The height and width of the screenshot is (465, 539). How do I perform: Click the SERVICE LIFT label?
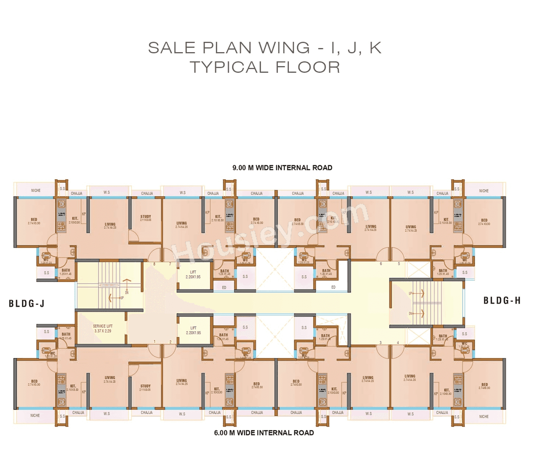coord(103,326)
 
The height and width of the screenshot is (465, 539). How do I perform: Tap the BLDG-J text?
coord(27,303)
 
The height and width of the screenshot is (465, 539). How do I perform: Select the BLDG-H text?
coord(502,300)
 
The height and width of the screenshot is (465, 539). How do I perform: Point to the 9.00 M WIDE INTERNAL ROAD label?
coord(282,168)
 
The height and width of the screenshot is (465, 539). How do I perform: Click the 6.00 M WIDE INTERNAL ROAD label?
coord(264,433)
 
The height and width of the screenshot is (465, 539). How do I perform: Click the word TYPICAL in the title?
coord(230,67)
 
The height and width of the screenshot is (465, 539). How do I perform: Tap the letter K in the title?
coord(375,48)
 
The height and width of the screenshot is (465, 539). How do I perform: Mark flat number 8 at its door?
coord(154,264)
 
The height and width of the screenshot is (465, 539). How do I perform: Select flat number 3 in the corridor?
coord(380,343)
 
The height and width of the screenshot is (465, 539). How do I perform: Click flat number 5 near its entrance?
coord(399,264)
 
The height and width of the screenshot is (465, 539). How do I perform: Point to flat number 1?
coord(155,342)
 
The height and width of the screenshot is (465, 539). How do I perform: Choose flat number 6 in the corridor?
coord(381,264)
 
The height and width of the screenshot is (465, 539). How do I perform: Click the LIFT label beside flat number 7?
coord(193,272)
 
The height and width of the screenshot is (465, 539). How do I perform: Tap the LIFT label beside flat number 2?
coord(193,328)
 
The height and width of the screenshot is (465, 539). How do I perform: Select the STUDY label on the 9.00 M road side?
coord(146,217)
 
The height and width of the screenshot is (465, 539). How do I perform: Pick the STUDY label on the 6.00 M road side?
coord(145,386)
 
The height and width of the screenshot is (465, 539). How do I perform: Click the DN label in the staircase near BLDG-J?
coord(127,292)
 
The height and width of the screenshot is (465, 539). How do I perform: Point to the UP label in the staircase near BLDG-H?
coord(411,293)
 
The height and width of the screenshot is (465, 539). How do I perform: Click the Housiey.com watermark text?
coord(269,236)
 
